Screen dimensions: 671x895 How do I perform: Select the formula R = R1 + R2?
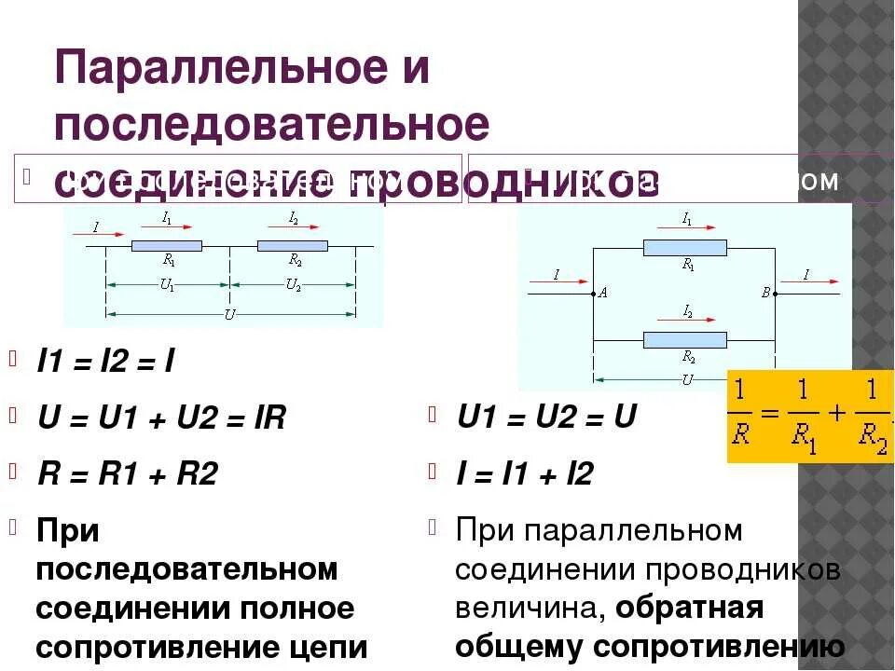tap(127, 474)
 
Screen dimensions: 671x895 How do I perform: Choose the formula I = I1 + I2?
tap(525, 474)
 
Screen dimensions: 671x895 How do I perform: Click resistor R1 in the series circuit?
tap(167, 246)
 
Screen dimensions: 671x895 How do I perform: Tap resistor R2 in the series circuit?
tap(293, 246)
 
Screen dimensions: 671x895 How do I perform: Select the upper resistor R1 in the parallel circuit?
tap(685, 248)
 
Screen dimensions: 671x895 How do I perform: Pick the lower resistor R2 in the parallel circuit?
tap(685, 339)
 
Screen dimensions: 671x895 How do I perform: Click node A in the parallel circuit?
tap(595, 294)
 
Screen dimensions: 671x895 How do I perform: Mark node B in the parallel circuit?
tap(774, 294)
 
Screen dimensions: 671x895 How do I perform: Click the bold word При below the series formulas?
tap(68, 531)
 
